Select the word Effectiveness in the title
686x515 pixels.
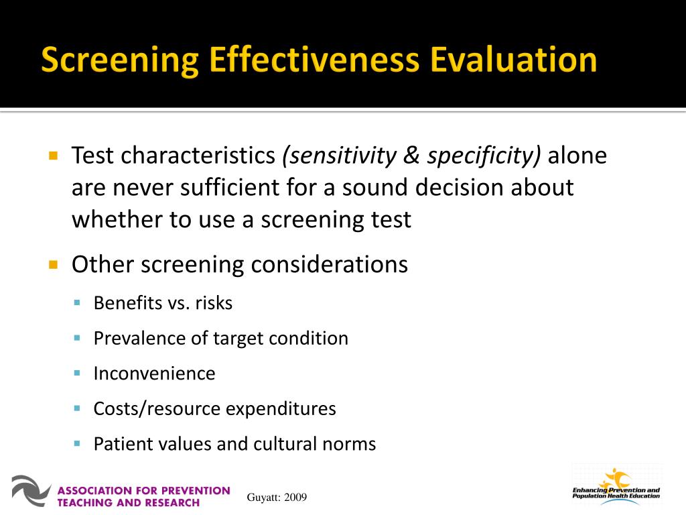click(x=314, y=60)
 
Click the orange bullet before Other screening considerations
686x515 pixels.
click(x=54, y=264)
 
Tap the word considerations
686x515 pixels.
click(x=329, y=264)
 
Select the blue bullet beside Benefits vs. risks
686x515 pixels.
click(x=78, y=303)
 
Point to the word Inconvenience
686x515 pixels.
click(x=154, y=374)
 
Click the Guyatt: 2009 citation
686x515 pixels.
click(x=277, y=497)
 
